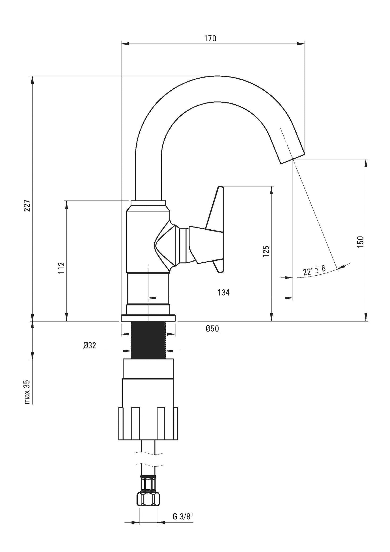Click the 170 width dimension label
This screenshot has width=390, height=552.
coord(210,39)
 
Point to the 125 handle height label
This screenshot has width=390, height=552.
coord(266,251)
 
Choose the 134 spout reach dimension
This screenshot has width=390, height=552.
coord(223,292)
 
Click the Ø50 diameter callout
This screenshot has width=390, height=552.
coord(212,329)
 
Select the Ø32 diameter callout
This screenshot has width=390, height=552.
coord(90,345)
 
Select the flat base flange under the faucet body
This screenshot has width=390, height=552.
coord(148,318)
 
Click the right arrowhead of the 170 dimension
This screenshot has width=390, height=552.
coord(301,43)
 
